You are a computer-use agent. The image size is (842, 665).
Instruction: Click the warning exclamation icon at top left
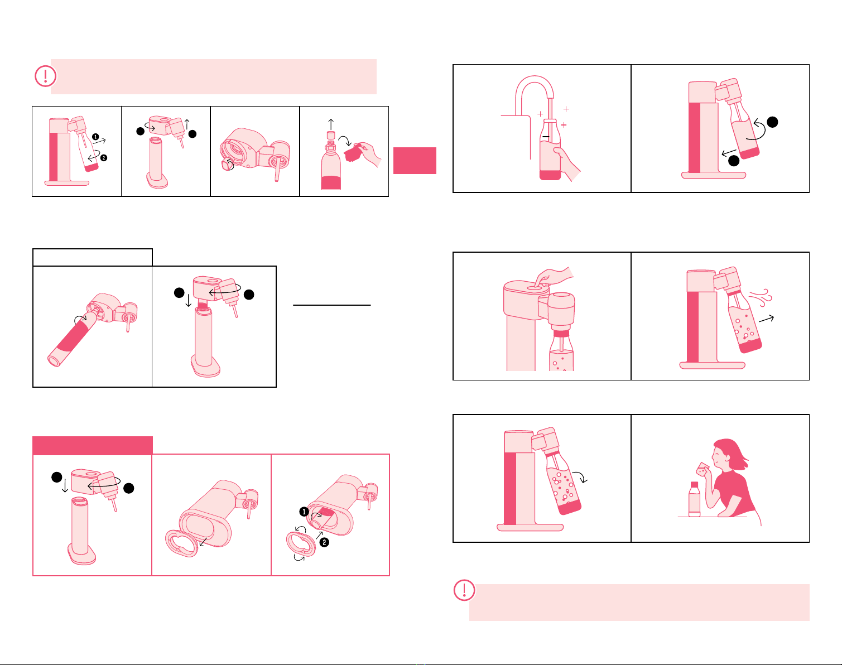[x=45, y=76]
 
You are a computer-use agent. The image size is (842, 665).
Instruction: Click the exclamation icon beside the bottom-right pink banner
[x=464, y=590]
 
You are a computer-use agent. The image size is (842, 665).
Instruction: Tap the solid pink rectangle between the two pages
[x=415, y=160]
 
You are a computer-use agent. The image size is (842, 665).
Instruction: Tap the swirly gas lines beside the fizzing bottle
[x=761, y=297]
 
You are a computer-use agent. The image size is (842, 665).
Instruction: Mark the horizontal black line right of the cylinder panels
[x=332, y=305]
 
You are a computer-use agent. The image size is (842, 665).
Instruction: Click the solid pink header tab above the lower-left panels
[x=93, y=446]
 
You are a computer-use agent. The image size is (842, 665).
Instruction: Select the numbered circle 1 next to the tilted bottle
[x=95, y=137]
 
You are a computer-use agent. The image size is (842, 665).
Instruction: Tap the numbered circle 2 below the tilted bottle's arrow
[x=104, y=158]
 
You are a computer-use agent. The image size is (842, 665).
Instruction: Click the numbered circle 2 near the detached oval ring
[x=324, y=543]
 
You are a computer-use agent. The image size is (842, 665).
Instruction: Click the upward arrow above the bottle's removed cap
[x=331, y=124]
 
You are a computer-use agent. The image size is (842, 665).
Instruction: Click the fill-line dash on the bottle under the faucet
[x=546, y=137]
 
